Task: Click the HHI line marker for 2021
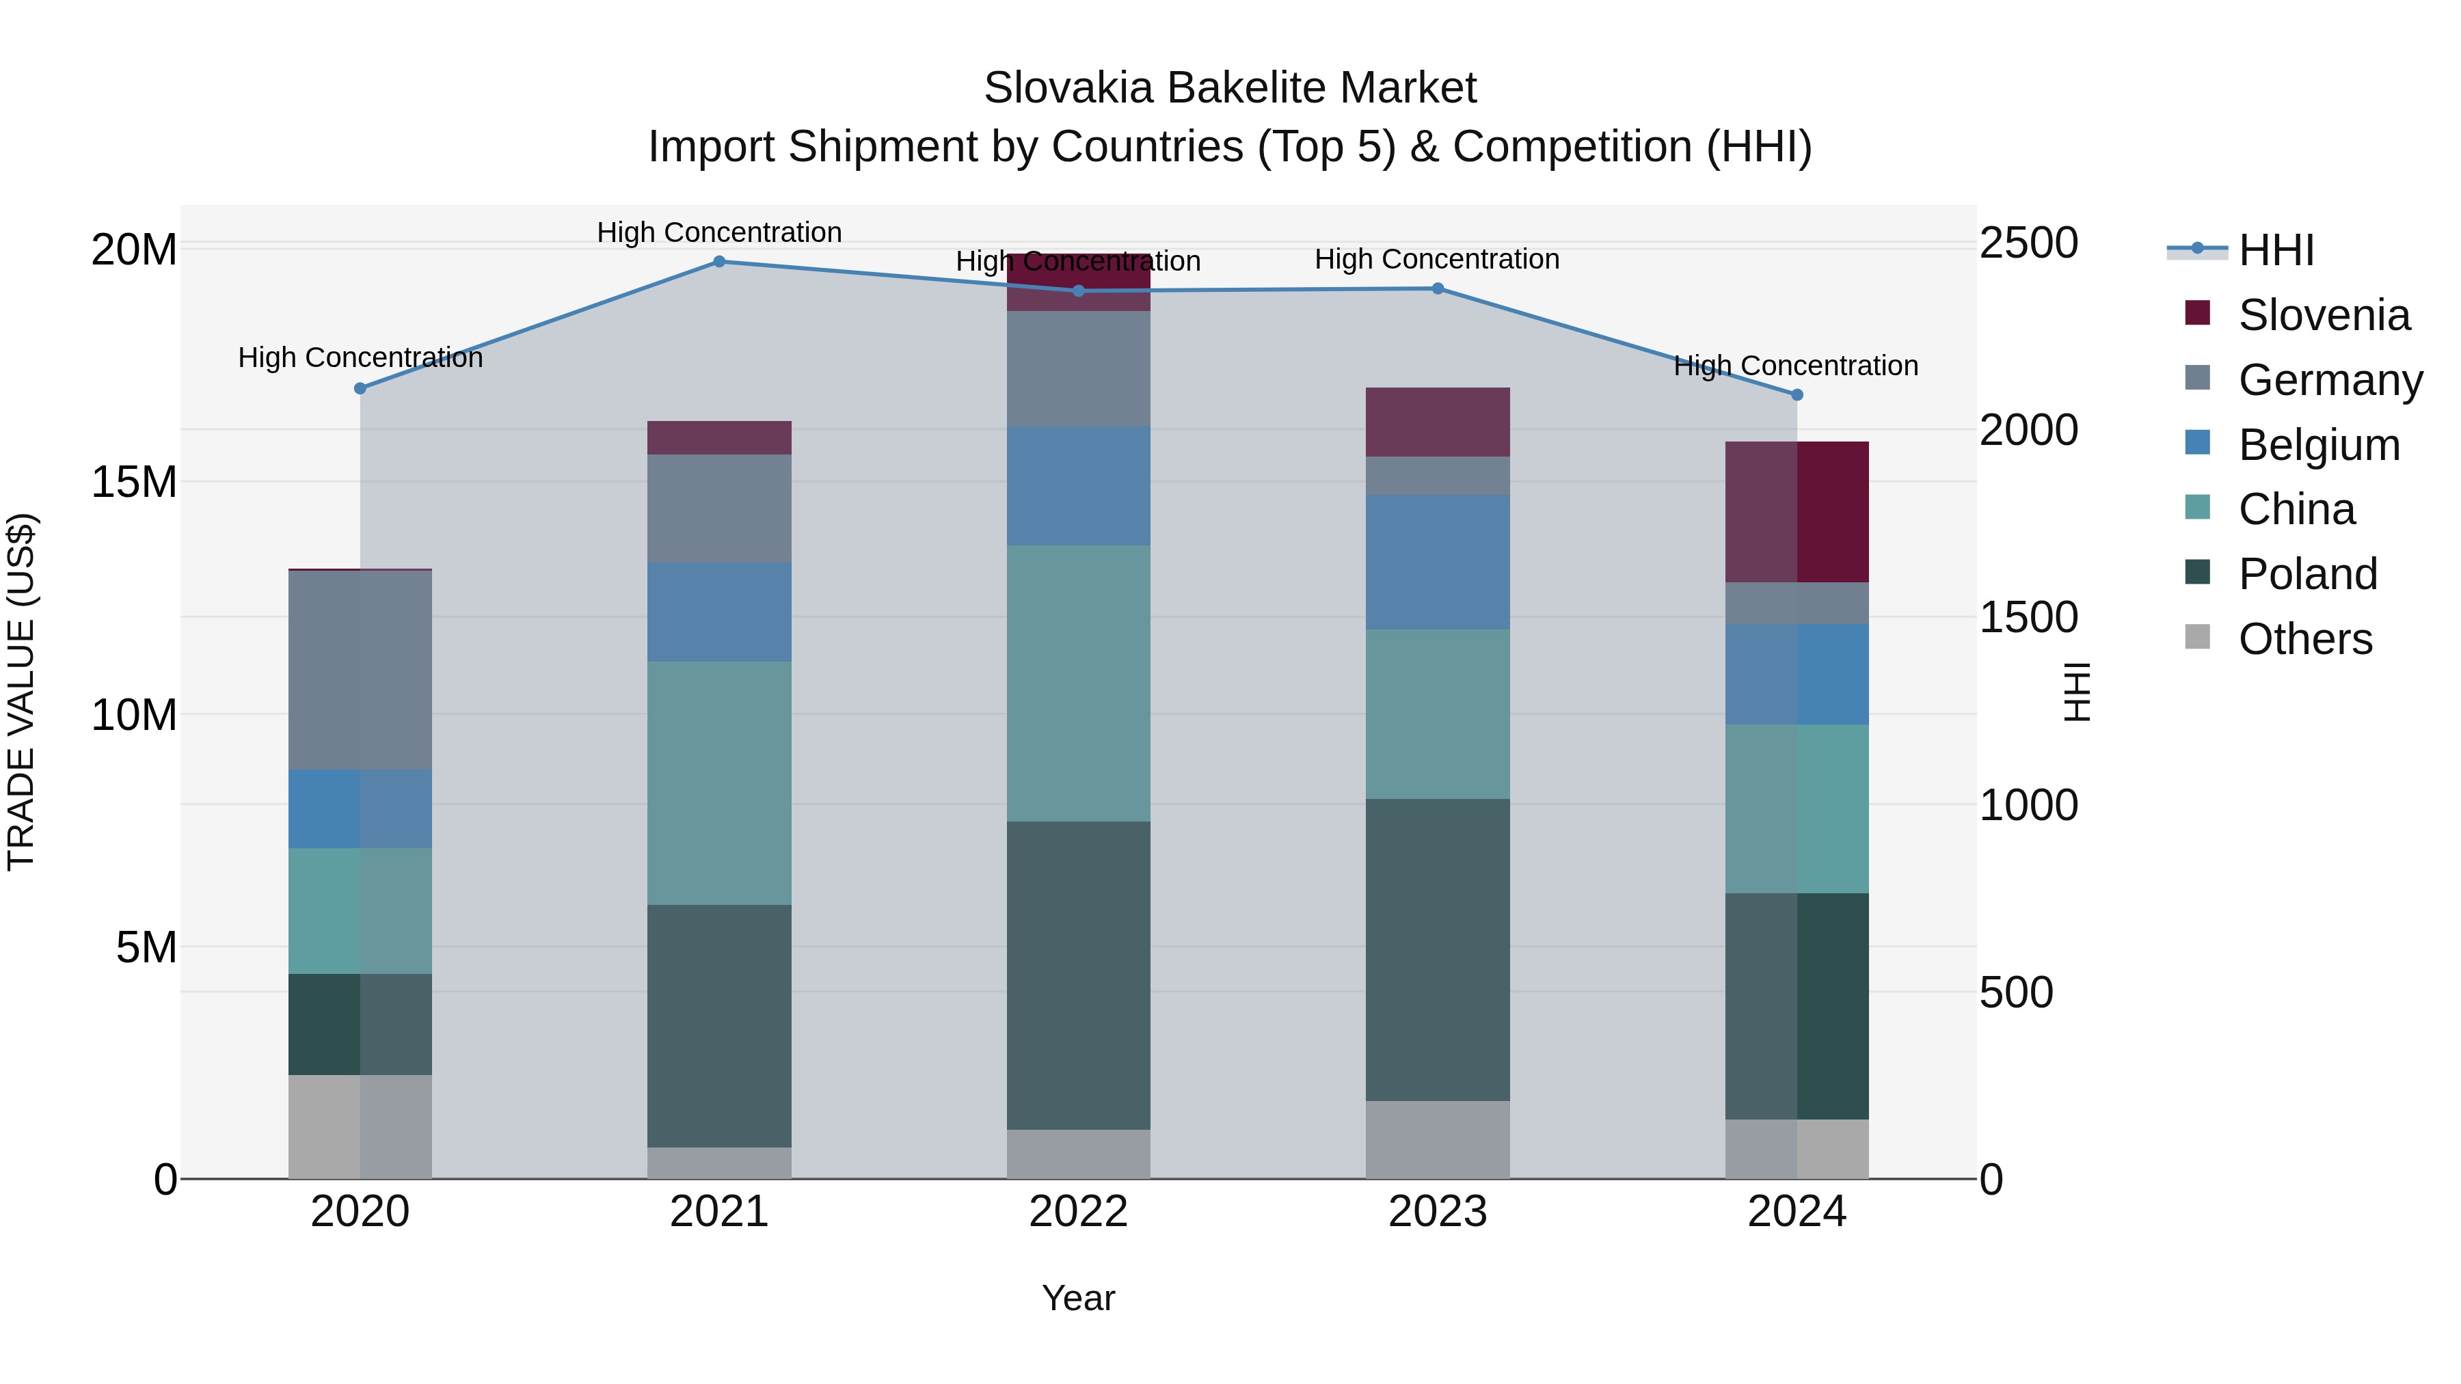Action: tap(719, 262)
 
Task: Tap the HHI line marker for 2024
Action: tap(1796, 394)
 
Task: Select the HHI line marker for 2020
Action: tap(360, 389)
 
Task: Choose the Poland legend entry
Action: tap(2307, 574)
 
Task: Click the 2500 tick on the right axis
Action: tap(2028, 243)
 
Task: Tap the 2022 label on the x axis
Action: tap(1079, 1212)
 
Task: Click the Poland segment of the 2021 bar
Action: tap(719, 1025)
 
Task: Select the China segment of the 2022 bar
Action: tap(1079, 683)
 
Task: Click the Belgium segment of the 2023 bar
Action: tap(1438, 562)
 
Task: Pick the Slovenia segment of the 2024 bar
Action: tap(1796, 512)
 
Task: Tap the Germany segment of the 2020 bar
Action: tap(360, 670)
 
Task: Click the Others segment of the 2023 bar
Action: tap(1438, 1139)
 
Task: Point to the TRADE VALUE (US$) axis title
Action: tap(21, 692)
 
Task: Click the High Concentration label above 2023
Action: tap(1437, 259)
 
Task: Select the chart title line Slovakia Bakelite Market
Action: tap(1230, 88)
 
